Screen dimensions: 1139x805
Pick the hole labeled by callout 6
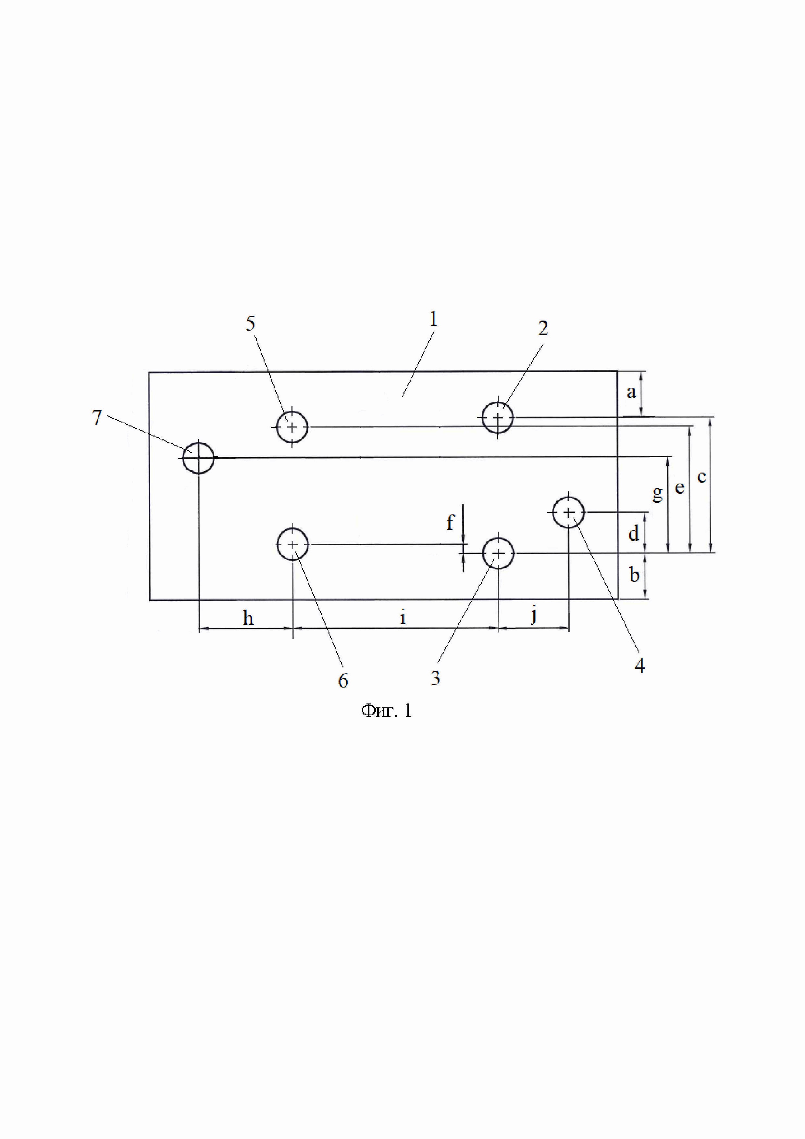point(293,544)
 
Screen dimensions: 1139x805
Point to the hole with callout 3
point(498,553)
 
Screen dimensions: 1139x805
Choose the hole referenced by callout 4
point(569,512)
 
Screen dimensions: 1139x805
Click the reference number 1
point(434,320)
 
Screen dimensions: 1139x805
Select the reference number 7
point(97,418)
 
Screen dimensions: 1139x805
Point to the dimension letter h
point(248,618)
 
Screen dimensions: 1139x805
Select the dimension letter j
point(534,616)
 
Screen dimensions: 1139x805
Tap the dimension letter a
point(631,392)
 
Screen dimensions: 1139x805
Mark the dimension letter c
point(701,477)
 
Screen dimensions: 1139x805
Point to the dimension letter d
point(634,534)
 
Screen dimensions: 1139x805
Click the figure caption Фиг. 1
point(386,711)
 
